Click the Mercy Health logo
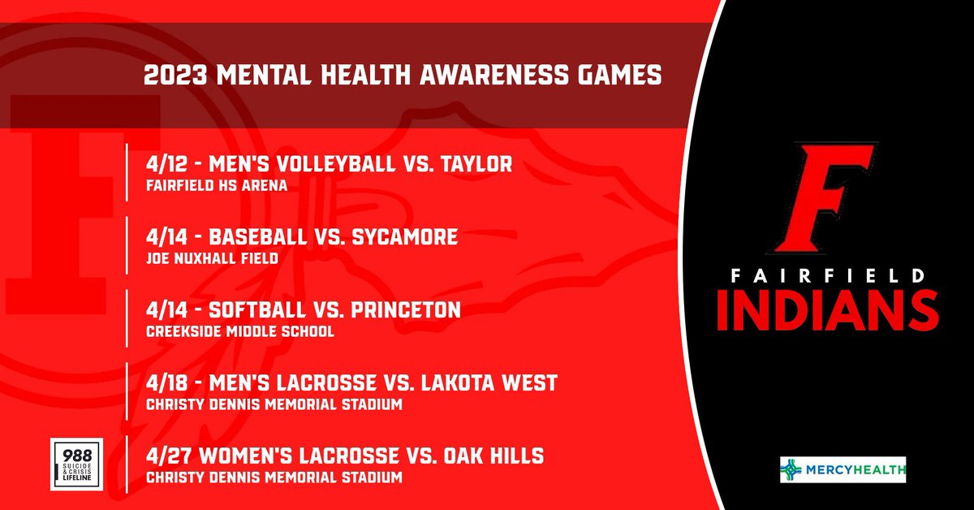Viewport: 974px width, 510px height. (x=843, y=469)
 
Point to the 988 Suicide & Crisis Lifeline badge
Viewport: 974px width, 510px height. (x=75, y=465)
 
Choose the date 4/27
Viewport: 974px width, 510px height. (x=166, y=456)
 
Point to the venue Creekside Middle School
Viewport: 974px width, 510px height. (x=239, y=331)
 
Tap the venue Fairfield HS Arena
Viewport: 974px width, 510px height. (x=217, y=186)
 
